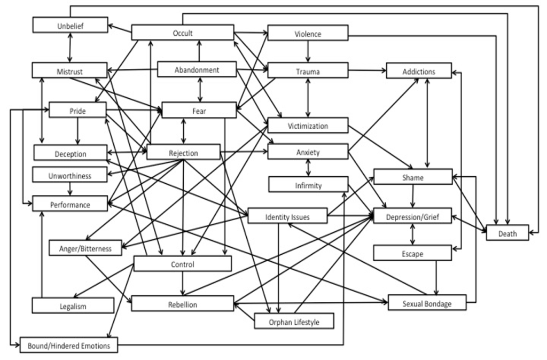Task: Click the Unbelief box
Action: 70,25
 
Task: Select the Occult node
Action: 183,33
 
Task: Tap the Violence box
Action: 308,33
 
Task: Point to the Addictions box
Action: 419,71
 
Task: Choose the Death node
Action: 507,233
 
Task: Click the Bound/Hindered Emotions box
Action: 68,345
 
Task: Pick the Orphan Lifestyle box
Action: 294,321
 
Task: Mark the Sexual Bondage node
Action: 427,303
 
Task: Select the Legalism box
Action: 73,306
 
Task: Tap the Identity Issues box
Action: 287,216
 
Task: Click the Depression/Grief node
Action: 412,216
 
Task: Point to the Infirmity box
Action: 308,185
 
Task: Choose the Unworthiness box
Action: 70,175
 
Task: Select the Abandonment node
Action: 197,69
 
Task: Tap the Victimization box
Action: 308,126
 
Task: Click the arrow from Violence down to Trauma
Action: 308,52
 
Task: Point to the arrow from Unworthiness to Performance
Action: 70,189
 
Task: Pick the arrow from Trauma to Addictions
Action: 367,70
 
